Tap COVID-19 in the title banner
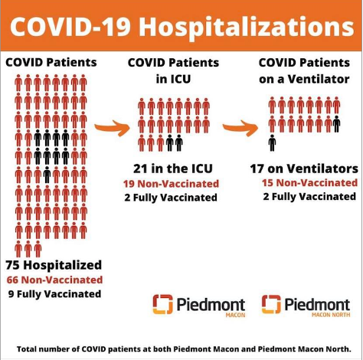click(70, 26)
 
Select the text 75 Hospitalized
click(54, 265)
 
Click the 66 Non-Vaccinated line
click(54, 280)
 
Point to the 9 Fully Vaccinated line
click(54, 294)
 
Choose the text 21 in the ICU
click(173, 169)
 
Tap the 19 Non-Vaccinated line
click(171, 184)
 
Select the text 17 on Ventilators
click(304, 169)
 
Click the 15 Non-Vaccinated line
click(309, 183)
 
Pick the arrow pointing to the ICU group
click(113, 128)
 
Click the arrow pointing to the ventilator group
click(240, 128)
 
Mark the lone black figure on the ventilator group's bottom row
click(272, 143)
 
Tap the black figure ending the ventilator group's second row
click(337, 124)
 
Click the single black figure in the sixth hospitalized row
click(47, 175)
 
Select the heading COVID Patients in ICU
click(173, 70)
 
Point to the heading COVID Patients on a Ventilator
click(304, 70)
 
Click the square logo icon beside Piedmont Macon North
click(271, 304)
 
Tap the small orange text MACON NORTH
click(331, 315)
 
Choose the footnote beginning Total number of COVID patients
click(184, 349)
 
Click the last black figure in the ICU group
click(179, 143)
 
